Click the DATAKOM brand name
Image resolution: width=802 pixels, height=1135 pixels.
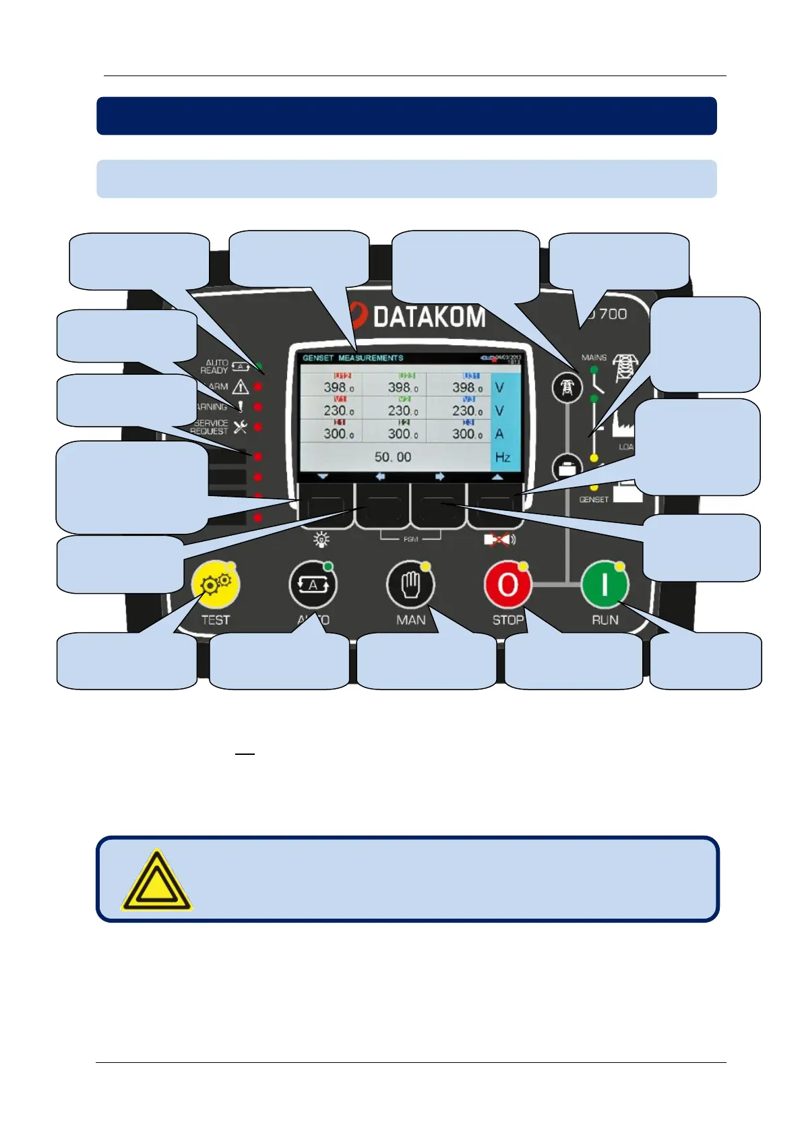[429, 317]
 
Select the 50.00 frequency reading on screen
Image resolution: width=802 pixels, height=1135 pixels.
[393, 457]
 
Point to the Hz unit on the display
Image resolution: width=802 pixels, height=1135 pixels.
[502, 457]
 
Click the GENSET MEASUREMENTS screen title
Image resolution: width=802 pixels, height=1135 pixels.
[352, 358]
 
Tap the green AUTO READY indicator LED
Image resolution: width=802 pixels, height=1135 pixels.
[259, 366]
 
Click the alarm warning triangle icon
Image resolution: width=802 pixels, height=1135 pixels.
[241, 387]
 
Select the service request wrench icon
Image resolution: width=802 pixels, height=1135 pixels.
[241, 427]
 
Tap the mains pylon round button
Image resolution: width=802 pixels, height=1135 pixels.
[567, 388]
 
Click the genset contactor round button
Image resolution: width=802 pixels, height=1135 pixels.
[567, 468]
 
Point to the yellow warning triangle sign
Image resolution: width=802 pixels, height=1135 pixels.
[156, 880]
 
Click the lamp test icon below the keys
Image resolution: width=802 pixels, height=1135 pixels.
[321, 539]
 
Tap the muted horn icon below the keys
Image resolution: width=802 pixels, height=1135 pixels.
[499, 539]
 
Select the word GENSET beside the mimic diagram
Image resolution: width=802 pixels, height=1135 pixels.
[594, 499]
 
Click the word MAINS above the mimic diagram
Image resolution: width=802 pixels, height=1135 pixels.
[594, 357]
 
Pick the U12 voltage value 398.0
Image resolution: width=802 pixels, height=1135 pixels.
[338, 388]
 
